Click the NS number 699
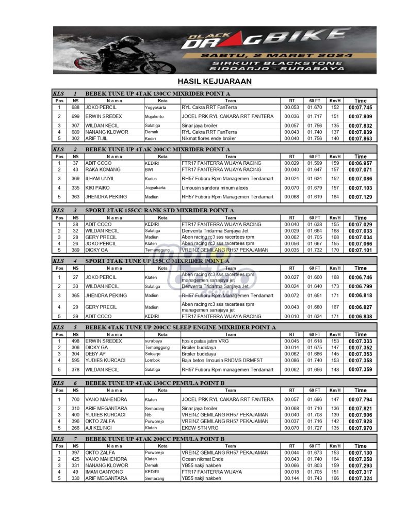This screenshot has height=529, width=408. coord(75,117)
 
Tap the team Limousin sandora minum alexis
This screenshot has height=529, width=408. coord(215,188)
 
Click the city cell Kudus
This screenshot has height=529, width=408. coord(151,179)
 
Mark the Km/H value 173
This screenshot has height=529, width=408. coord(335,286)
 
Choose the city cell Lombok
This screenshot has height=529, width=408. coord(152,360)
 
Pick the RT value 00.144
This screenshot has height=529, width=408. coord(291,478)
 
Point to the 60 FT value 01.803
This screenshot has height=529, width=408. coord(315,466)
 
